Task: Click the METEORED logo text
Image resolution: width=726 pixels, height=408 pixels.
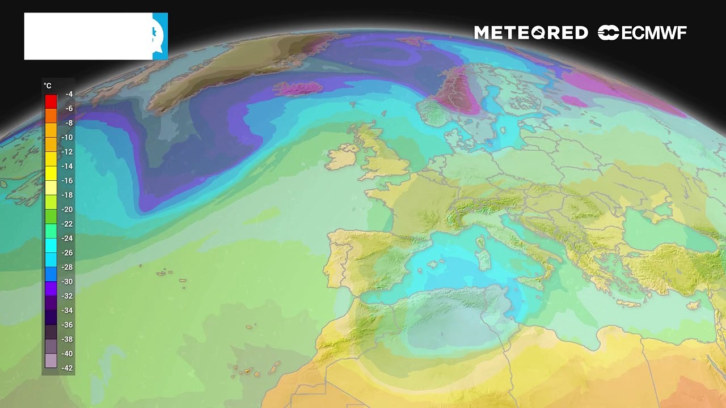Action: pyautogui.click(x=531, y=33)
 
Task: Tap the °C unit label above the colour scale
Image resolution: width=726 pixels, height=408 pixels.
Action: pyautogui.click(x=48, y=86)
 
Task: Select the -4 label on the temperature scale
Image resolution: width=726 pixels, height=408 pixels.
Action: pyautogui.click(x=69, y=94)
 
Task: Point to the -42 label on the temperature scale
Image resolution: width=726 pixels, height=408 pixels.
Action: pyautogui.click(x=67, y=368)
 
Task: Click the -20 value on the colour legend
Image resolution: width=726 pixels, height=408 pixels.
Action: pyautogui.click(x=67, y=210)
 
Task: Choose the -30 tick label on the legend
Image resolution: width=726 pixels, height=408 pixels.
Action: pyautogui.click(x=67, y=282)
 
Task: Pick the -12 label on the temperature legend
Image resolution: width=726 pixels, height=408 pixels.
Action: pyautogui.click(x=67, y=152)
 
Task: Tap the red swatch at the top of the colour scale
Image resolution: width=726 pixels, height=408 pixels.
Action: pyautogui.click(x=51, y=101)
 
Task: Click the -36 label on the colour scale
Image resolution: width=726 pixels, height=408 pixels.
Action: pyautogui.click(x=67, y=325)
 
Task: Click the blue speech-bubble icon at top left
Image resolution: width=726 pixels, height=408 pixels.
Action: pyautogui.click(x=159, y=36)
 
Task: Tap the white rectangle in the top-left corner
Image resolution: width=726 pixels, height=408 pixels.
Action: pyautogui.click(x=88, y=36)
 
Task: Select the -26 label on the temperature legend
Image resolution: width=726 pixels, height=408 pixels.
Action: pyautogui.click(x=67, y=253)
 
